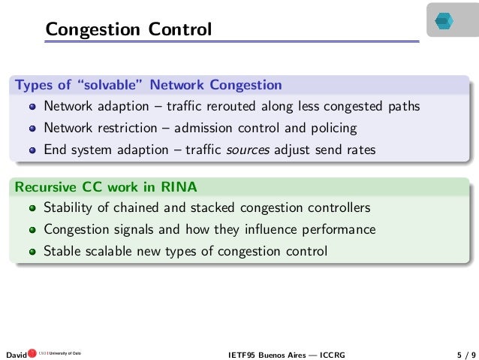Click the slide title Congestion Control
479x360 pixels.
(128, 29)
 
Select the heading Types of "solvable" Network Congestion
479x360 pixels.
(149, 84)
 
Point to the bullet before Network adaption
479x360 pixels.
(32, 107)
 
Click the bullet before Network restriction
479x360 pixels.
(32, 129)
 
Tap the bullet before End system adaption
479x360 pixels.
(32, 150)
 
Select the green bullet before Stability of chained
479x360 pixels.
(32, 208)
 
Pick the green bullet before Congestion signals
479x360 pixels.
(32, 230)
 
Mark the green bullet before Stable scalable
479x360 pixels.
(32, 252)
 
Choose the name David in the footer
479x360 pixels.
(16, 352)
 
